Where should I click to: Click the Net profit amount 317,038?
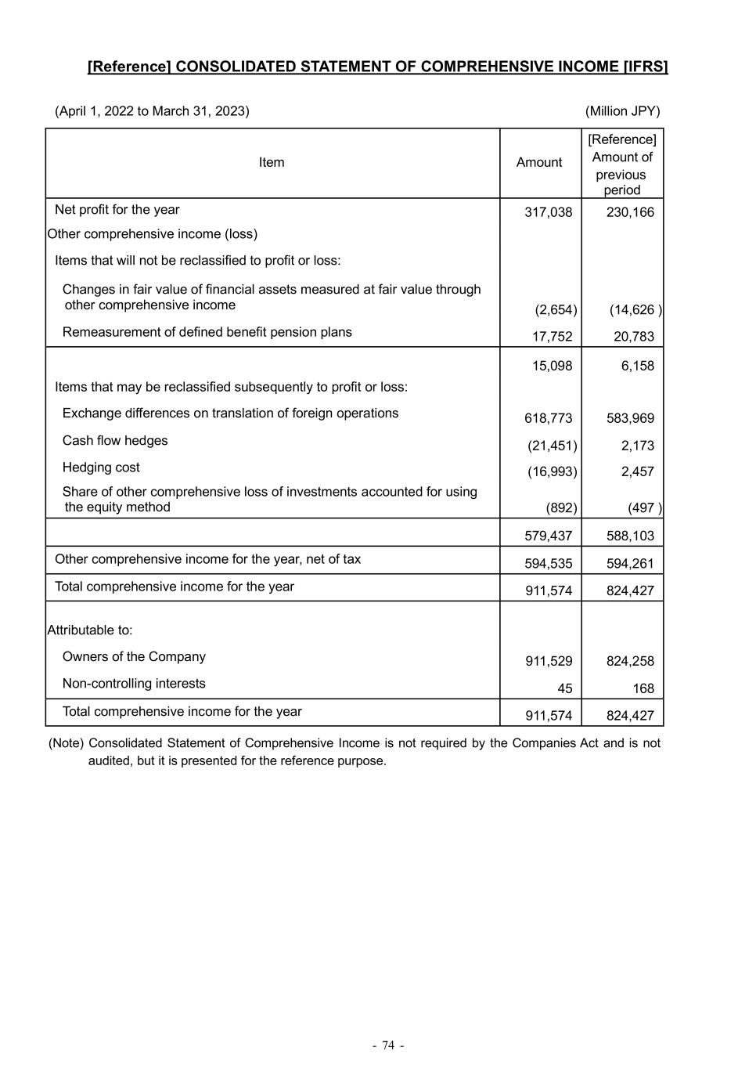coord(549,212)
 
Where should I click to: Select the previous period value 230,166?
coord(630,212)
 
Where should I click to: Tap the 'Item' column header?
coord(272,162)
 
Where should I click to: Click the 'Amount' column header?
coord(539,162)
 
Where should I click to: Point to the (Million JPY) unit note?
coord(622,111)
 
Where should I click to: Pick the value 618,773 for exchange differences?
coord(549,418)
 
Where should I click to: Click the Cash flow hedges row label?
coord(115,440)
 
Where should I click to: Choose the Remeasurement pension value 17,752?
coord(552,337)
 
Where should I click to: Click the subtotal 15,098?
coord(552,366)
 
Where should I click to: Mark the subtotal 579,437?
coord(549,536)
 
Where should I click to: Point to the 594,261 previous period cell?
coord(630,563)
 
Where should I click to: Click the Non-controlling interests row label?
coord(134,683)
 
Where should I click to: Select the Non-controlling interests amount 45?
coord(564,688)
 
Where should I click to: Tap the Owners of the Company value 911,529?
coord(549,661)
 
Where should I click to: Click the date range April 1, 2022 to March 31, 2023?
coord(152,111)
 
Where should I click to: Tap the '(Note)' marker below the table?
coord(66,742)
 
